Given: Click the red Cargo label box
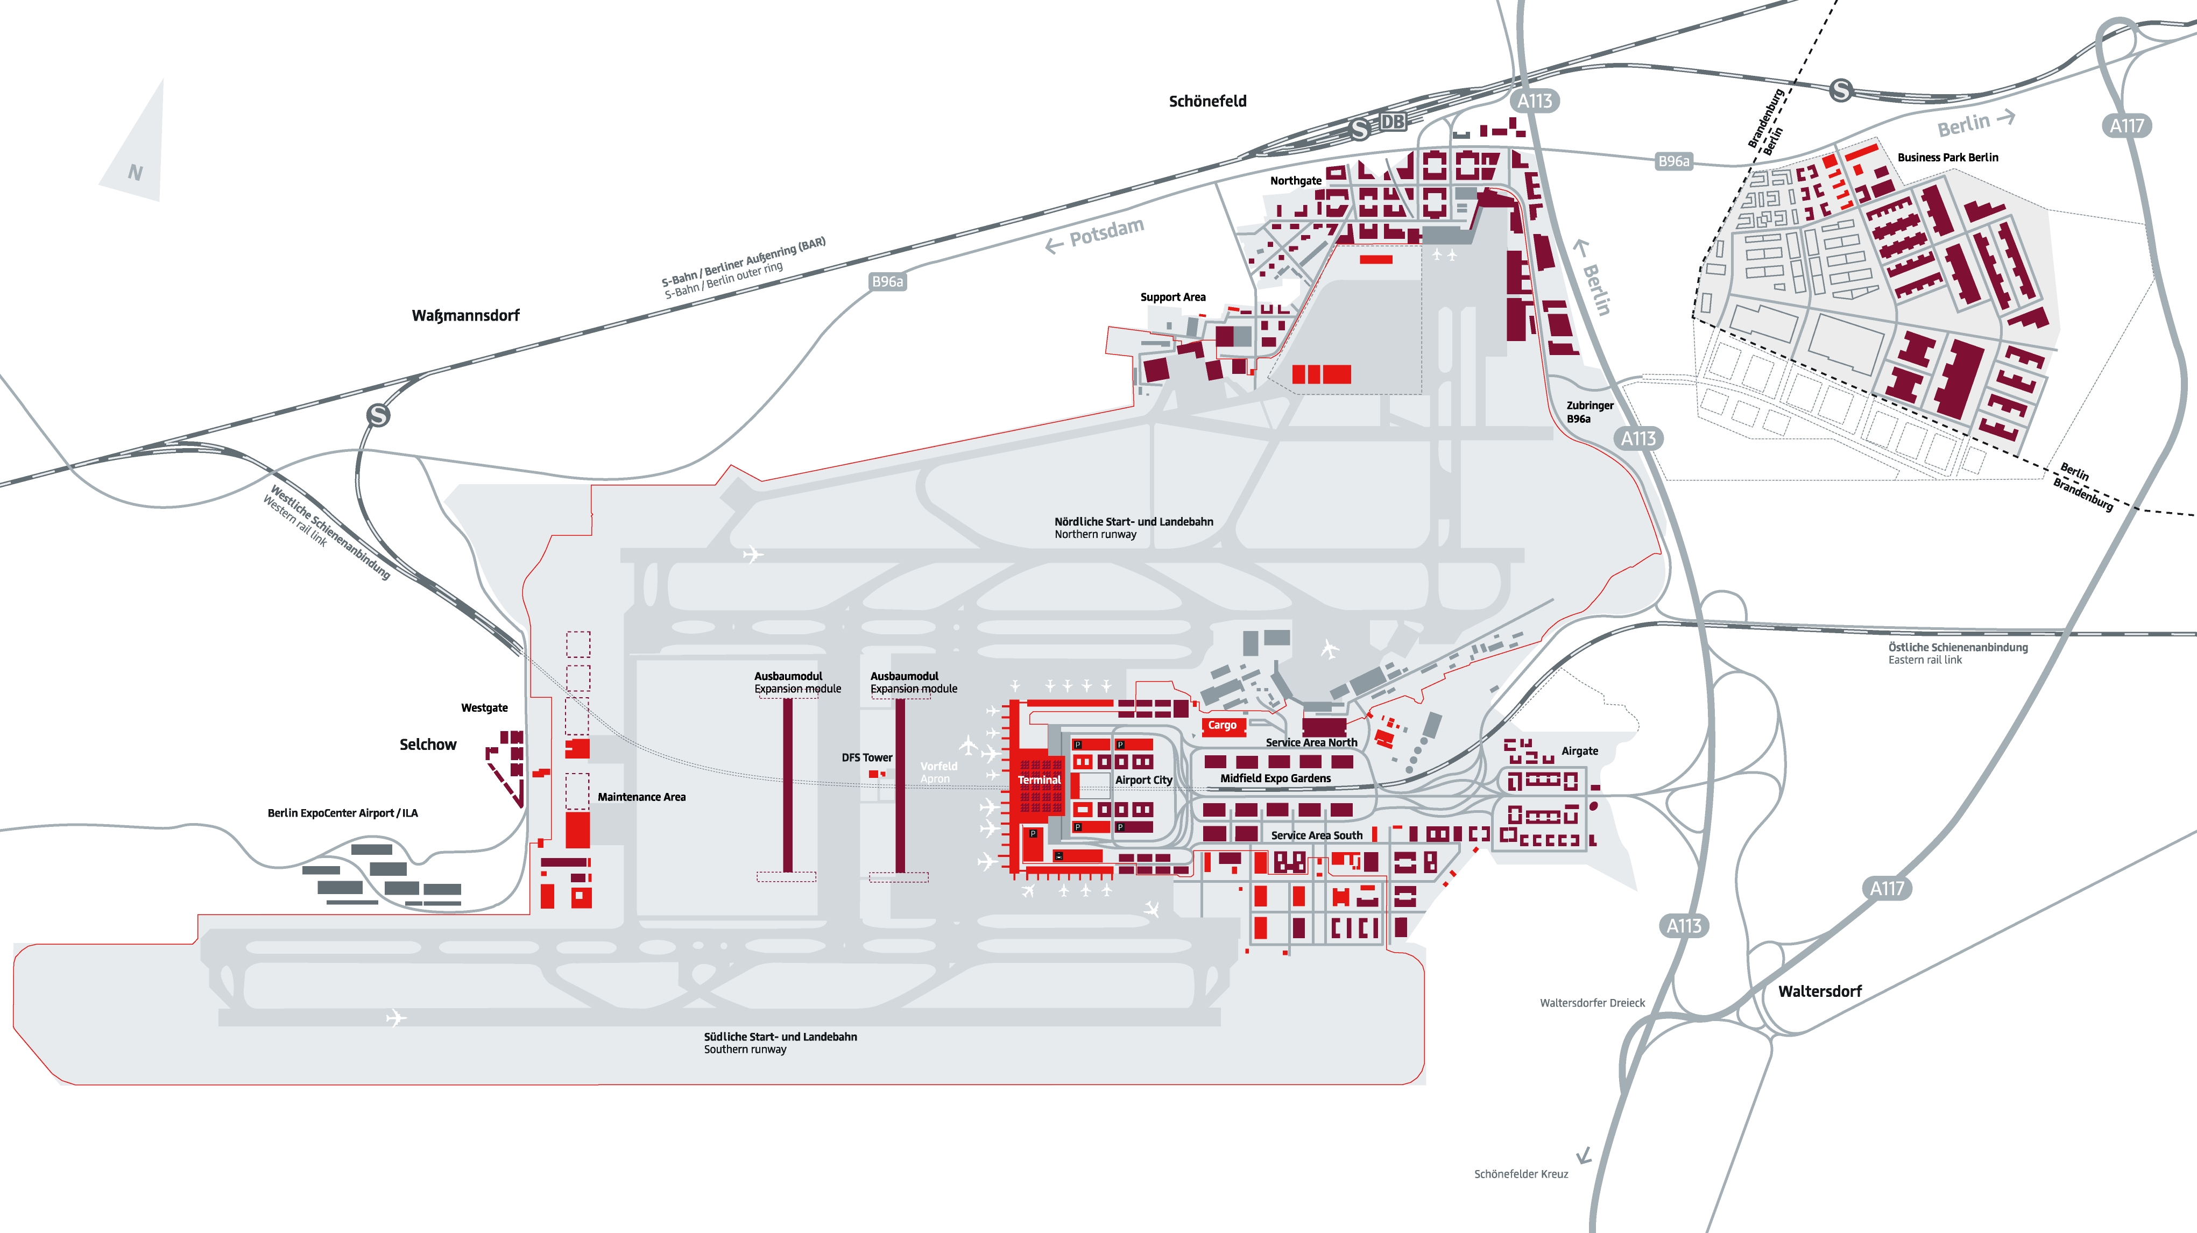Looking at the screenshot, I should [1222, 726].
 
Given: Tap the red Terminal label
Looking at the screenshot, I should [1039, 780].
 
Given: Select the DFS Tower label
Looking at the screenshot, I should [866, 757].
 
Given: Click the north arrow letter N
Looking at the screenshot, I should [135, 172].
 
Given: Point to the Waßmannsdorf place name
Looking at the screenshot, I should [465, 315].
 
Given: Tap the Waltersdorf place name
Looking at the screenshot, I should [1819, 991].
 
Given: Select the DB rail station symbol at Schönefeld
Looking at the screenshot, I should [1392, 122].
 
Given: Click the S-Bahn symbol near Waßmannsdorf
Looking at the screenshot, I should [378, 415].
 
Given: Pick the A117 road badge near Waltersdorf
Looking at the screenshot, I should [1887, 889].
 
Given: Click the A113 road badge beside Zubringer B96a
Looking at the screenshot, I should [1637, 438].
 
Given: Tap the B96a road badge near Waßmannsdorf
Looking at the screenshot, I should [887, 281].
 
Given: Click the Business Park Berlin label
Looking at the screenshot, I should [1947, 158].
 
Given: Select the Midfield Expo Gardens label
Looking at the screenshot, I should [1275, 778].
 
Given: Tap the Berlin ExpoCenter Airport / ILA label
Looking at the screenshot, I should [342, 813].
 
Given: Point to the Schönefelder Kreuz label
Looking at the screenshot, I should [1521, 1174].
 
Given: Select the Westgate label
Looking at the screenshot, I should [484, 708].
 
